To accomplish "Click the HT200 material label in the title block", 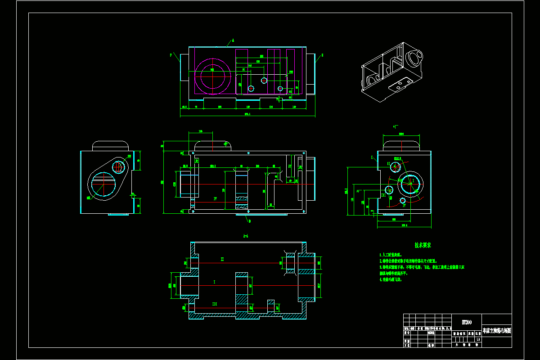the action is [x=467, y=322].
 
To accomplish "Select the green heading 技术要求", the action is [x=423, y=246].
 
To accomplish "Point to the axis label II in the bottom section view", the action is [x=222, y=259].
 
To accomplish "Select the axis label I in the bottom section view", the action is [x=214, y=282].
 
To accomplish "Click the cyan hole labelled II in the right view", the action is [x=395, y=167].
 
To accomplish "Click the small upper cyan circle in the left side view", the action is [x=118, y=167].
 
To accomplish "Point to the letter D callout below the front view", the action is [x=250, y=221].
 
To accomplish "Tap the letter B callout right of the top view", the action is [x=323, y=55].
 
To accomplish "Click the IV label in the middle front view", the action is [x=216, y=198].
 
